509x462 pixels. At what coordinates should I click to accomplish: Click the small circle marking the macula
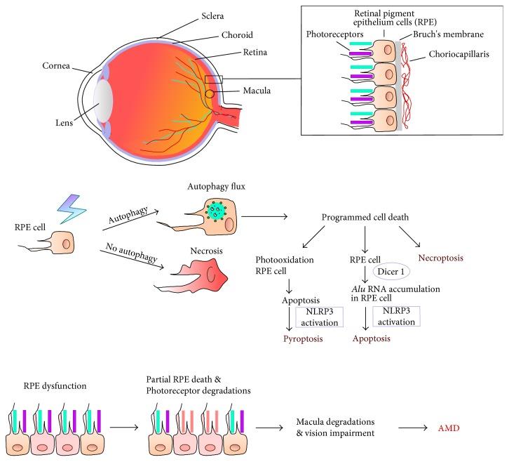pyautogui.click(x=210, y=93)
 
